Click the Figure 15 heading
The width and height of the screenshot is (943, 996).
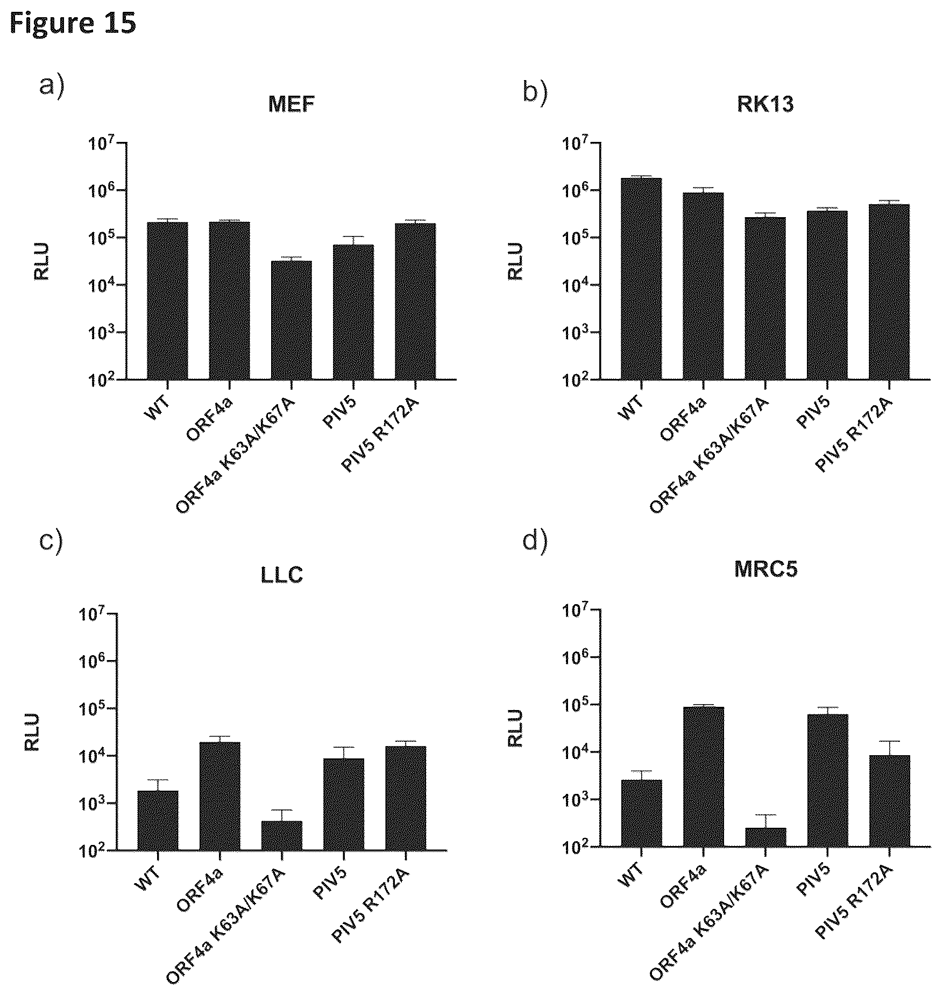(73, 23)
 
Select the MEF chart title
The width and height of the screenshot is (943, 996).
(291, 104)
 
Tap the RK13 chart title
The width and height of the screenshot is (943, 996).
(765, 104)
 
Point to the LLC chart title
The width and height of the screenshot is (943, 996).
(282, 575)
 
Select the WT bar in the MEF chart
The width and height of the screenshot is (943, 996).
(167, 300)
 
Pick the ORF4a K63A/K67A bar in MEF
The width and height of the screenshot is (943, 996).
(291, 320)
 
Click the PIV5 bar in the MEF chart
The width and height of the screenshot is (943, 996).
(353, 312)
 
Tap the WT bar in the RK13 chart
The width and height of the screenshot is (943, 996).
(641, 278)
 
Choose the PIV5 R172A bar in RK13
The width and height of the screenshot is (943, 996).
(889, 292)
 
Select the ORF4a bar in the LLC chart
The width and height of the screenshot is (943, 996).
(219, 796)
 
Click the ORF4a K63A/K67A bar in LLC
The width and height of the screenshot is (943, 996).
(281, 835)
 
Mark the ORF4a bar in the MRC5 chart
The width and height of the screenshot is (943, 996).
(704, 777)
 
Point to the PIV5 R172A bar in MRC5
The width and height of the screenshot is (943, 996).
(889, 801)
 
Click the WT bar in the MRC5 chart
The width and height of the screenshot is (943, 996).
(641, 813)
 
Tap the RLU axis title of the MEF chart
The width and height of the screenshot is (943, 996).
(41, 261)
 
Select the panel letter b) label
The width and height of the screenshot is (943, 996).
(535, 92)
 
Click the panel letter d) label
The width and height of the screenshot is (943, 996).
(535, 542)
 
